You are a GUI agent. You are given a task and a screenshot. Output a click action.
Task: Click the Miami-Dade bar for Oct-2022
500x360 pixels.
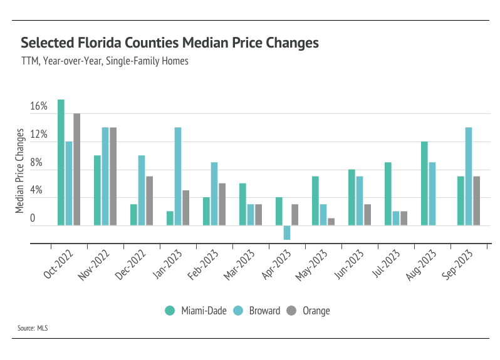tap(61, 162)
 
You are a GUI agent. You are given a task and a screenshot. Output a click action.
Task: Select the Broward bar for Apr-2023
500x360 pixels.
tap(287, 232)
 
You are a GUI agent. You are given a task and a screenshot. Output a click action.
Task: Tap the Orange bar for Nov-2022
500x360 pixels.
tap(113, 176)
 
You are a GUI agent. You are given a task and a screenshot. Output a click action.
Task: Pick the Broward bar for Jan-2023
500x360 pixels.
tap(178, 176)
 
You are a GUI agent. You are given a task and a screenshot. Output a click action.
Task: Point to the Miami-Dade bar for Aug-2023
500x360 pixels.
tap(424, 183)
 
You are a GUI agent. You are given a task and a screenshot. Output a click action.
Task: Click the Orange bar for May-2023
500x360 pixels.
tap(331, 222)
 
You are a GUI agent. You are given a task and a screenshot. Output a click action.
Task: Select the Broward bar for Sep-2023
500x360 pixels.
tap(469, 176)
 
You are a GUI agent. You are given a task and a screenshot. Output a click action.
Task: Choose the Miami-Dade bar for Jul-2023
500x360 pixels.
tap(388, 193)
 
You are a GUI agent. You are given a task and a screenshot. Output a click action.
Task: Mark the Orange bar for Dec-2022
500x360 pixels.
tap(150, 200)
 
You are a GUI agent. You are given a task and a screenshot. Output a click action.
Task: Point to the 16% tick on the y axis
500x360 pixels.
tap(39, 106)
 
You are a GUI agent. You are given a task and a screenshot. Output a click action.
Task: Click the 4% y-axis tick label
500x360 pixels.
tap(39, 190)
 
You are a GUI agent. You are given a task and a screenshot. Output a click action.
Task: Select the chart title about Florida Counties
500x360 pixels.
tap(170, 43)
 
